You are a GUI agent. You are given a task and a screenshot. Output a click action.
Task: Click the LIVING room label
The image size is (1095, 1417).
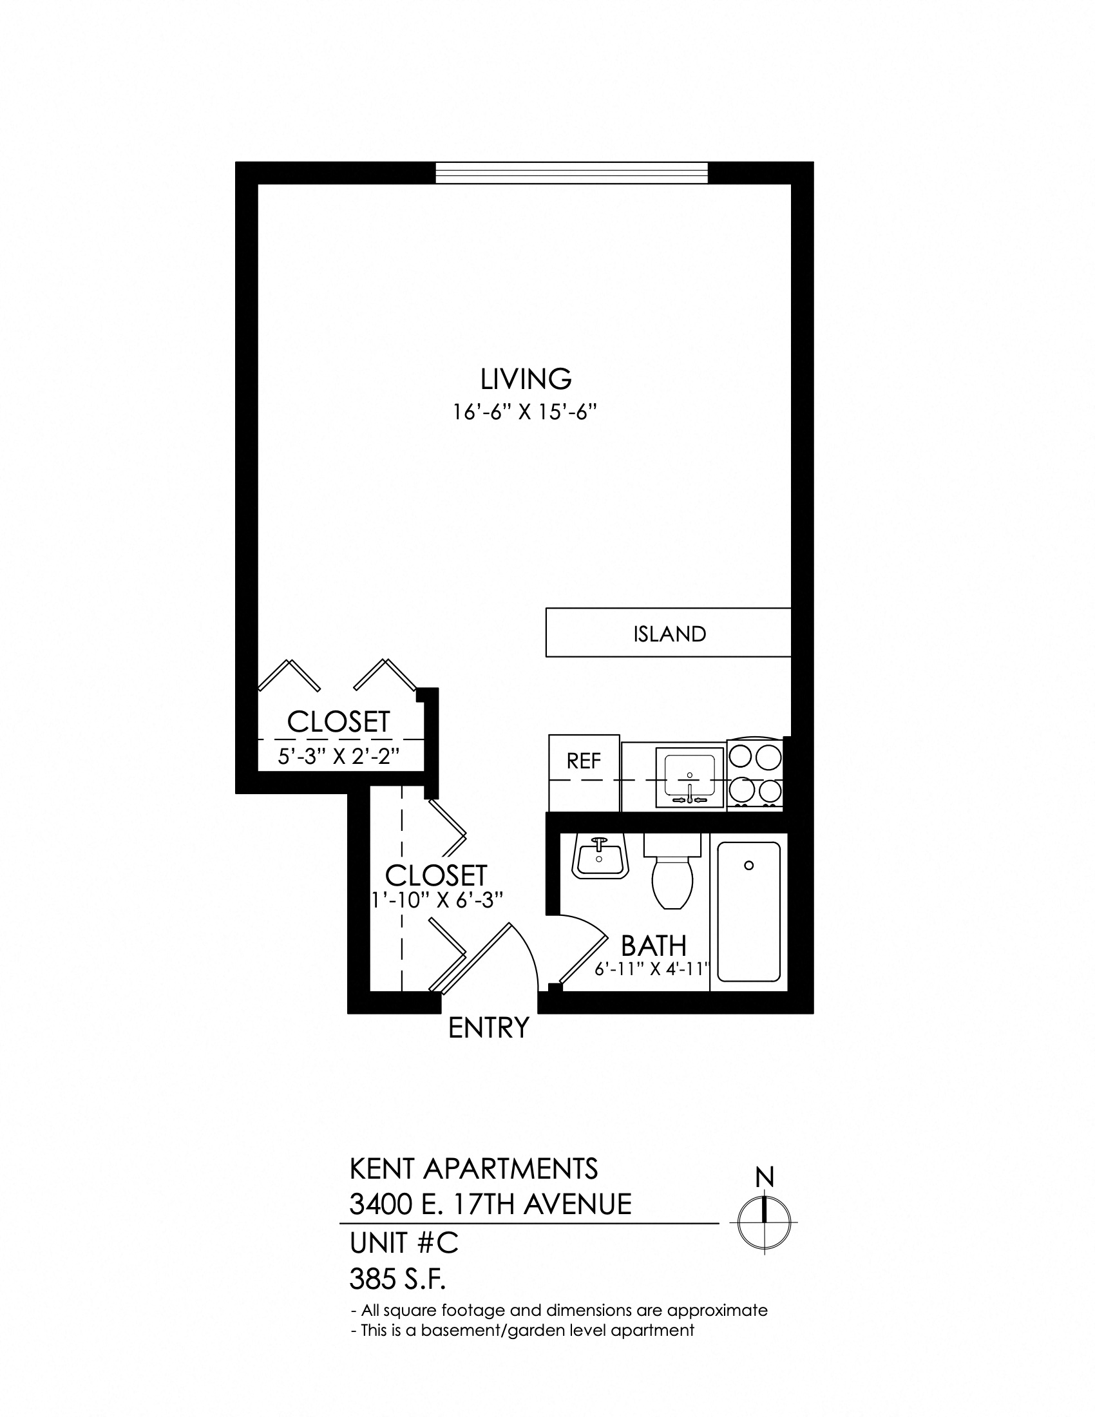(x=526, y=379)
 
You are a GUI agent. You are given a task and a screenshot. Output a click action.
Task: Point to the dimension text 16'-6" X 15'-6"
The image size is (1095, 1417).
(x=524, y=414)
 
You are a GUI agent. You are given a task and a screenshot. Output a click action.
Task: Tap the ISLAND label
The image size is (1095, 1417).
(x=669, y=634)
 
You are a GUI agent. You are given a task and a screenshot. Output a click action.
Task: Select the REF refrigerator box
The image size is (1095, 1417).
(x=584, y=773)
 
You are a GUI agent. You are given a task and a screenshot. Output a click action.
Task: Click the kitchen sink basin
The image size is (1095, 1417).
(x=689, y=777)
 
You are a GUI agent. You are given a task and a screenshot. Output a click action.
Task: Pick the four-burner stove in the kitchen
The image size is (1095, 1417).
(x=755, y=774)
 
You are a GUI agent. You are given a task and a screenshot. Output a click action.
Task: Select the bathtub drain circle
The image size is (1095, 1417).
(x=748, y=866)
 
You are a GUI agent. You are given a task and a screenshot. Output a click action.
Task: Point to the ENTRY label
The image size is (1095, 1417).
(x=489, y=1028)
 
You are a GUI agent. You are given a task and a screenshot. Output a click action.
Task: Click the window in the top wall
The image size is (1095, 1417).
(x=571, y=173)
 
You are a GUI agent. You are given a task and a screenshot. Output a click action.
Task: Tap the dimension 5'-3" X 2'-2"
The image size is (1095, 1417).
(x=338, y=757)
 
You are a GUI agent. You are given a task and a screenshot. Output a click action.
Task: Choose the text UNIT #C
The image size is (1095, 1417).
(x=404, y=1243)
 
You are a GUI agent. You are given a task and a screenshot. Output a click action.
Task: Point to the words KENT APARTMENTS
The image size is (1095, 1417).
(x=473, y=1169)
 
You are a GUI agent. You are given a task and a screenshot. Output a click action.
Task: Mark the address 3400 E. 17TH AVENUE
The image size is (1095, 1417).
(x=490, y=1205)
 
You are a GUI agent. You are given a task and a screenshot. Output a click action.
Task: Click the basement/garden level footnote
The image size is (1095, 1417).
(x=523, y=1330)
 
